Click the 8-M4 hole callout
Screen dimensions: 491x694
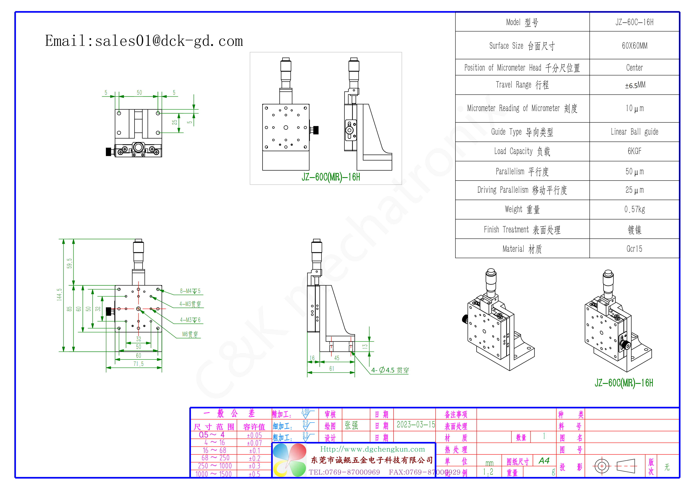coord(190,291)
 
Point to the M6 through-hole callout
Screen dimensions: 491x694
coord(190,334)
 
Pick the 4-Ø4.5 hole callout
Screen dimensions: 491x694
coord(390,370)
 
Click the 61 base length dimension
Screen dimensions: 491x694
coord(332,369)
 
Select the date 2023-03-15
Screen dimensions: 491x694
coord(416,425)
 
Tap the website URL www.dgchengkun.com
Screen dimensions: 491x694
coord(372,449)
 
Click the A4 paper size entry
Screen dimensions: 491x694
coord(544,461)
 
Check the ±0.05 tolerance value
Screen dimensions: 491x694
coord(254,435)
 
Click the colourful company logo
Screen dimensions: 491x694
coord(289,460)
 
